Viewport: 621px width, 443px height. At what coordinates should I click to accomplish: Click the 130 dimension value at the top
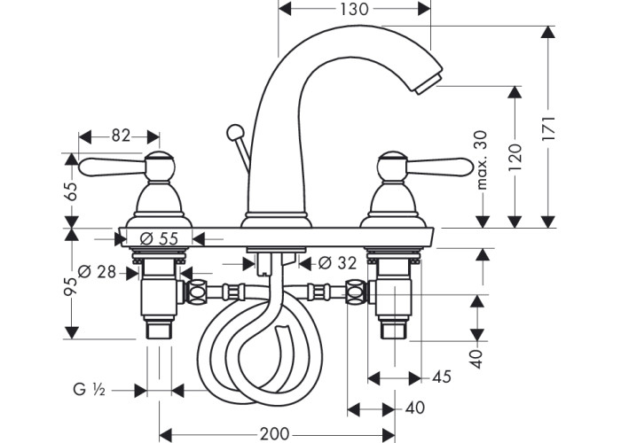(x=354, y=9)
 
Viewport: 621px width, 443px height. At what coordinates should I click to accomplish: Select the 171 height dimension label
(x=549, y=128)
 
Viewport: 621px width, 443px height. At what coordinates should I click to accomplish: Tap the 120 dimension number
(x=515, y=158)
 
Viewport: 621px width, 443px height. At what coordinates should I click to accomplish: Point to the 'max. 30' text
(x=482, y=160)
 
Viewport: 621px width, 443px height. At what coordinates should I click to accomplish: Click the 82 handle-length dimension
(x=121, y=136)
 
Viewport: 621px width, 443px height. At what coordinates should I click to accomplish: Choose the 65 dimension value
(x=71, y=191)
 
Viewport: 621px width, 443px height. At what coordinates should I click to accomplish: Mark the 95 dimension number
(x=70, y=286)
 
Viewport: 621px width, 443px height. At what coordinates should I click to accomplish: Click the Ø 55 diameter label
(x=159, y=238)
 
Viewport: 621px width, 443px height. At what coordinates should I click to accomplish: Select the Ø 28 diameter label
(x=97, y=272)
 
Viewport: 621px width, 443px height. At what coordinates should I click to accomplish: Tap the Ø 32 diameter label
(x=337, y=263)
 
